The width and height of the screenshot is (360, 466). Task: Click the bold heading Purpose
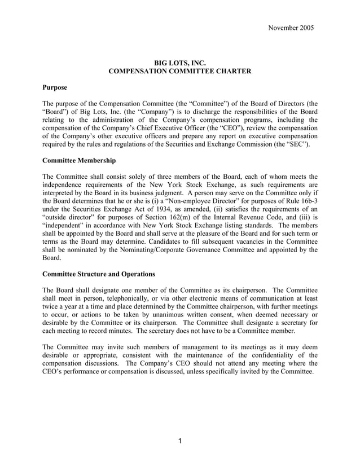click(55, 87)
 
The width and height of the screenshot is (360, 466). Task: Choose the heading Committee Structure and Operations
click(99, 274)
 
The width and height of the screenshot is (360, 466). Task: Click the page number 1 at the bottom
click(179, 441)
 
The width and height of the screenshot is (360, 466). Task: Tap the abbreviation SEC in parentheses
click(297, 144)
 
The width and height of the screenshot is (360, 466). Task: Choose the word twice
click(52, 308)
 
